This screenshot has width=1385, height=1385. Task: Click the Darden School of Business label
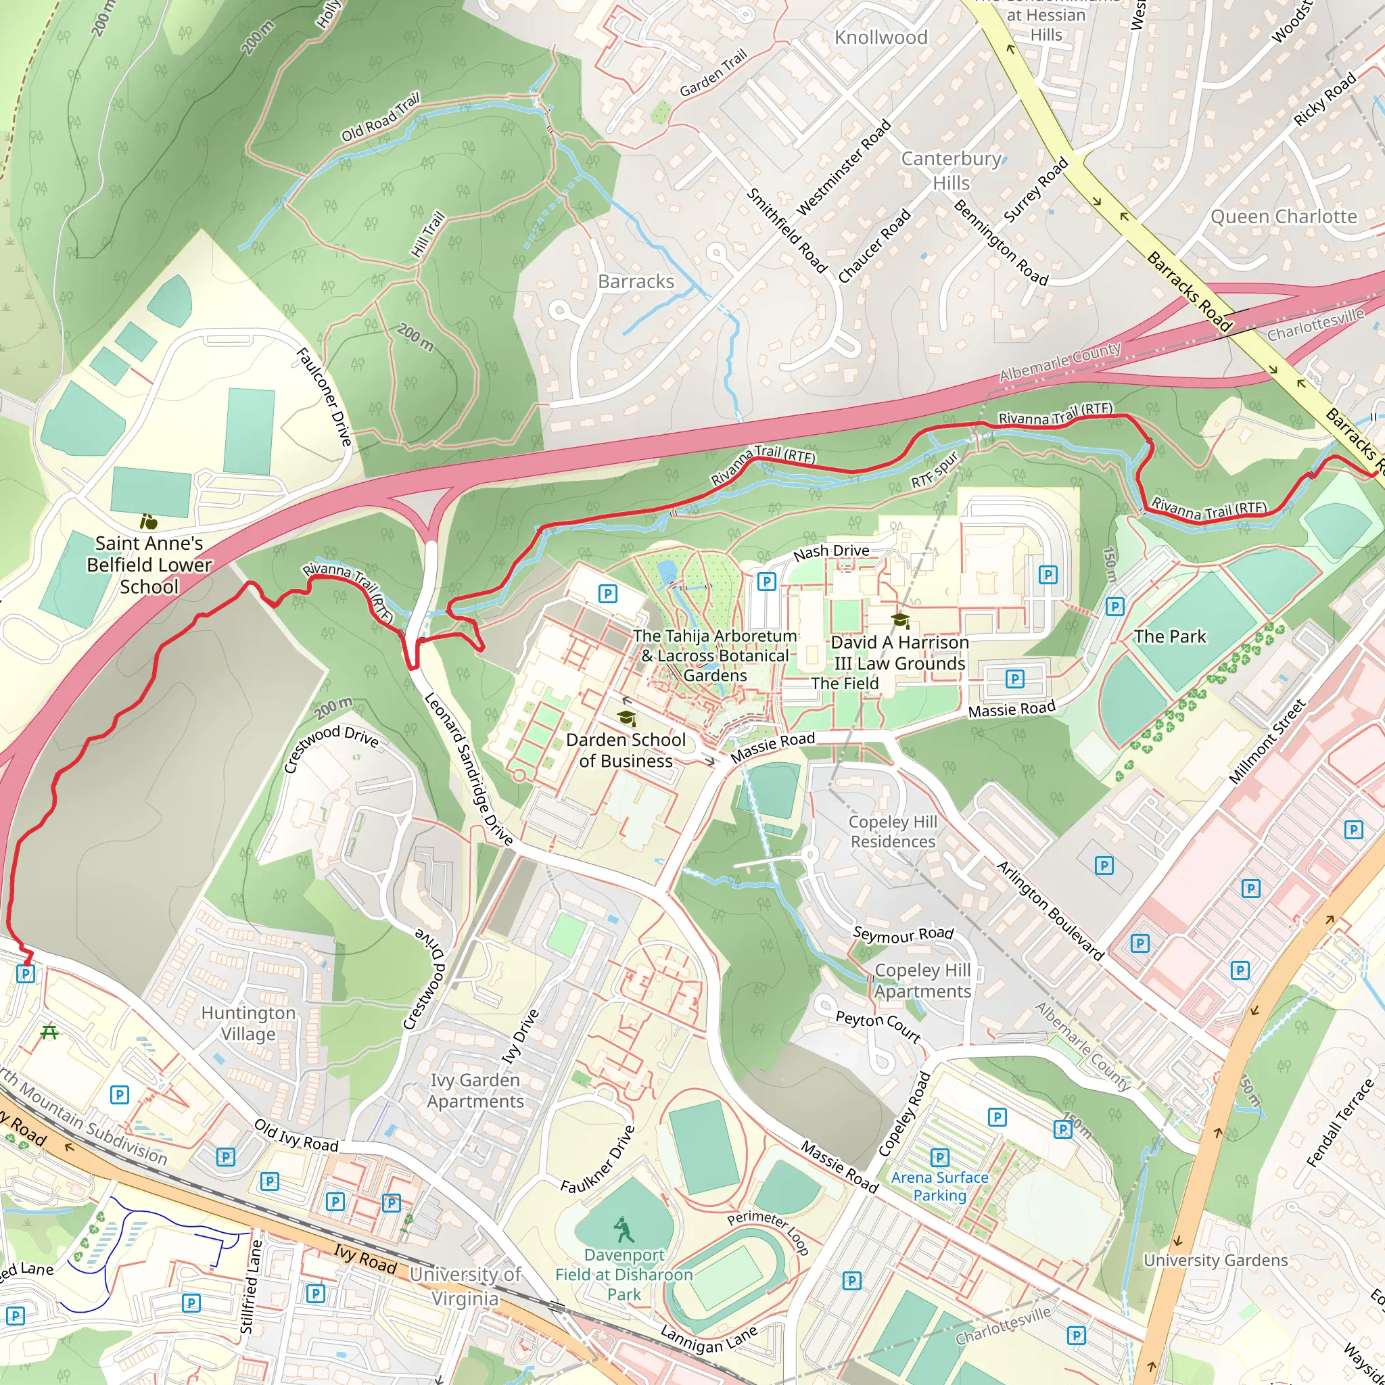(x=625, y=750)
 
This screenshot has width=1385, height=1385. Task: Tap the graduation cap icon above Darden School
(x=626, y=718)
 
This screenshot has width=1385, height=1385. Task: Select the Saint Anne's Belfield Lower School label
(x=149, y=565)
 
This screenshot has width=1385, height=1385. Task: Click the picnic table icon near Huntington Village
(x=49, y=1032)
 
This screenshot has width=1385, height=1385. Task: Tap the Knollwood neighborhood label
(x=881, y=37)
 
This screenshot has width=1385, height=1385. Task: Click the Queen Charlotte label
(x=1283, y=216)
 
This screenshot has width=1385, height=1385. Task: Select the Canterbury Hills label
(x=951, y=170)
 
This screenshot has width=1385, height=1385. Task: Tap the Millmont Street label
(x=1267, y=741)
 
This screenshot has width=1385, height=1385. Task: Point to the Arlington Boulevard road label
(x=1050, y=910)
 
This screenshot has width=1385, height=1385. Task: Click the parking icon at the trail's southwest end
(x=26, y=974)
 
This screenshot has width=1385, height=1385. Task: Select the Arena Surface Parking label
(x=939, y=1186)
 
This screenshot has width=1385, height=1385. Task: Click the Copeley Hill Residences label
(x=893, y=832)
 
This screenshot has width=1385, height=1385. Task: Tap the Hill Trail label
(x=428, y=235)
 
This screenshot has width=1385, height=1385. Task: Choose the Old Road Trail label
(x=379, y=118)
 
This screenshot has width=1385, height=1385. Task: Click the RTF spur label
(x=934, y=469)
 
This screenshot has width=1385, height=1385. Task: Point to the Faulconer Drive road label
(x=324, y=396)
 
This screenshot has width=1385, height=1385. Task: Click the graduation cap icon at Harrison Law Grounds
(x=899, y=620)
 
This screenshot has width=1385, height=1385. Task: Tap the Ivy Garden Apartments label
(x=475, y=1090)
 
